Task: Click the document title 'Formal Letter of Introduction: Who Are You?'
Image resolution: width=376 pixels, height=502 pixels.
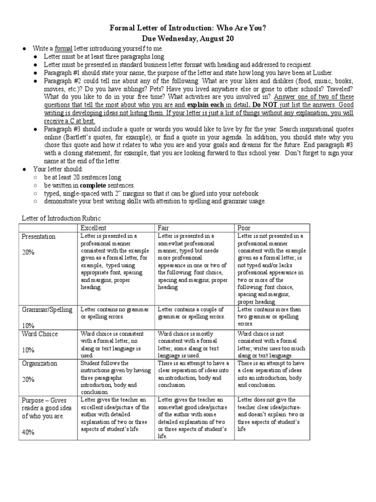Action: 188,28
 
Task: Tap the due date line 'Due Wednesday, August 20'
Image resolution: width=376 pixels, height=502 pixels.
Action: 188,39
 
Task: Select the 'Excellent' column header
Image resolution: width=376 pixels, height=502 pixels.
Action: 93,227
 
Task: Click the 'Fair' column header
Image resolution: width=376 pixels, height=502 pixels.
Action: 163,227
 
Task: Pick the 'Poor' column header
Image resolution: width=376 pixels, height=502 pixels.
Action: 244,227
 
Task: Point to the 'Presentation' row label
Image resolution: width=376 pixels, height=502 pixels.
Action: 38,236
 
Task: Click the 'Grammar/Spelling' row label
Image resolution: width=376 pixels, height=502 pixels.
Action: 46,309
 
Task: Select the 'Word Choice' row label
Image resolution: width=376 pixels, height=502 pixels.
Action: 39,334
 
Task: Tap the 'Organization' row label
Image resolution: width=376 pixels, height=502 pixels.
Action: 39,363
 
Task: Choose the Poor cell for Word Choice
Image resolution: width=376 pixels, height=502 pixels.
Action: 273,344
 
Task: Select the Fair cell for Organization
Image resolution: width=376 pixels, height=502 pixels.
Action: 194,374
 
